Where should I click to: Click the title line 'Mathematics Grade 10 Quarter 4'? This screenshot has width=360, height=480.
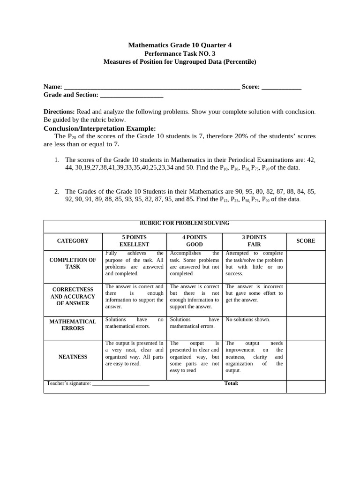180,45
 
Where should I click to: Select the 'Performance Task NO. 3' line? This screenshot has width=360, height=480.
180,53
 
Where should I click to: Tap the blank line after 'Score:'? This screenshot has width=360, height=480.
281,87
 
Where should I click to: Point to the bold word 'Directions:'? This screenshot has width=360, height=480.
59,112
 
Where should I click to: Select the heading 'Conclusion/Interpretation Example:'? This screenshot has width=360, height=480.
100,128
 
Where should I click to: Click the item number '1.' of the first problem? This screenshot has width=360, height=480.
57,160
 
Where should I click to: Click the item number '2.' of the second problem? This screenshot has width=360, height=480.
57,191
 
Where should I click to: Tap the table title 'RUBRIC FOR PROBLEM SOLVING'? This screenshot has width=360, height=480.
184,223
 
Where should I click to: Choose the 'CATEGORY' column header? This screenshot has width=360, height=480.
73,241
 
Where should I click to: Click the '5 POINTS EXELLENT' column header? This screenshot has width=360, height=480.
134,241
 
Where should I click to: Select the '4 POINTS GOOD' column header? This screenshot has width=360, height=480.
195,241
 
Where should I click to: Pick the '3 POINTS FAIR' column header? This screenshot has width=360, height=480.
254,241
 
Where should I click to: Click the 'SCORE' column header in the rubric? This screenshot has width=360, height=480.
306,241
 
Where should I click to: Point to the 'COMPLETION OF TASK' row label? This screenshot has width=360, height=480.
73,263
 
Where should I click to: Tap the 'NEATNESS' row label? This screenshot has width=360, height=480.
73,357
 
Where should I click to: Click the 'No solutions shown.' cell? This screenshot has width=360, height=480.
248,320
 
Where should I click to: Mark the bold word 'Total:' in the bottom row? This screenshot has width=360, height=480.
232,383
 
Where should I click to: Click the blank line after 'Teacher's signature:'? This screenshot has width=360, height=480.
121,384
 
